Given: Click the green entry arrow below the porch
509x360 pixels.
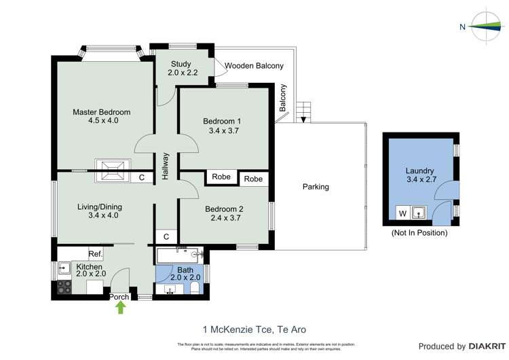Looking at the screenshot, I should [x=121, y=307].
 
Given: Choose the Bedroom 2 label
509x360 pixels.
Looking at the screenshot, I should [x=223, y=213].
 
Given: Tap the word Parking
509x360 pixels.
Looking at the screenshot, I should [x=316, y=187].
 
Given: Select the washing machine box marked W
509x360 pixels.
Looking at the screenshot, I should [x=402, y=214].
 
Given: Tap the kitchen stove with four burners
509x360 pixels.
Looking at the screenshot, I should [x=64, y=287].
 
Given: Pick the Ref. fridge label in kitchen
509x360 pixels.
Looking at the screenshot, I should [x=95, y=254].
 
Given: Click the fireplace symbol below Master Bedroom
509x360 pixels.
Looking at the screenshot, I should [x=113, y=171].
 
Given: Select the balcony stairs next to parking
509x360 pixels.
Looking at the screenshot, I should [x=304, y=111].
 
